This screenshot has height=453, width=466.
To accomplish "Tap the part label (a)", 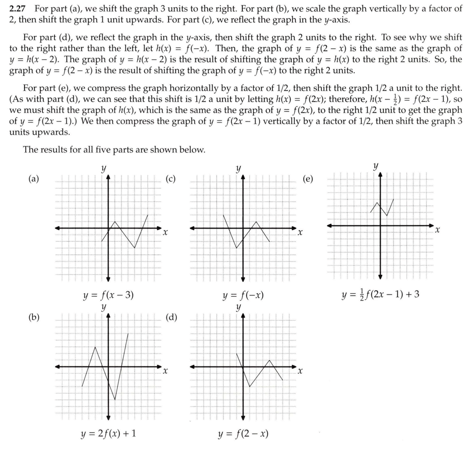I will click(34, 179).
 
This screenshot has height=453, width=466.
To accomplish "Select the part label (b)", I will click(34, 317).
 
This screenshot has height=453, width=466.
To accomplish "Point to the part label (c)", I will click(170, 179).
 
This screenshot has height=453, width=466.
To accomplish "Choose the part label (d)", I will click(171, 317).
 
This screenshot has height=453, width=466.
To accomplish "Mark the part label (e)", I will click(308, 179).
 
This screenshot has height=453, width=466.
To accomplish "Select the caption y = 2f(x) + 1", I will click(109, 433).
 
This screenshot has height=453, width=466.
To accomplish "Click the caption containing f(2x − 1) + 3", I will click(380, 294).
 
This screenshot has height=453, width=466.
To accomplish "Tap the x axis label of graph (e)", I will click(438, 230).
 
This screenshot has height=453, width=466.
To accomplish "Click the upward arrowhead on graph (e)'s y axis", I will click(380, 175).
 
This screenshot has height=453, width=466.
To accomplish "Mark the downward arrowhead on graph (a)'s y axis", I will click(108, 278).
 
